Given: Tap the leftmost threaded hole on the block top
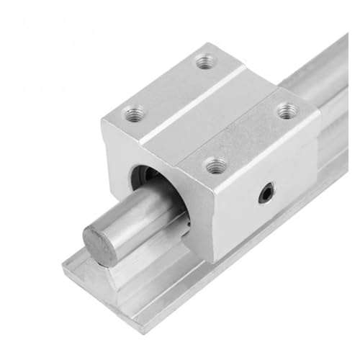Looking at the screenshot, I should (134, 112).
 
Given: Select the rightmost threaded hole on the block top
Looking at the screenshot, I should (286, 110).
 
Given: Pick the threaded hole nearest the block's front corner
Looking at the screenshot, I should (214, 167).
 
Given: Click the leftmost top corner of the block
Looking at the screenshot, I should (101, 116).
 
